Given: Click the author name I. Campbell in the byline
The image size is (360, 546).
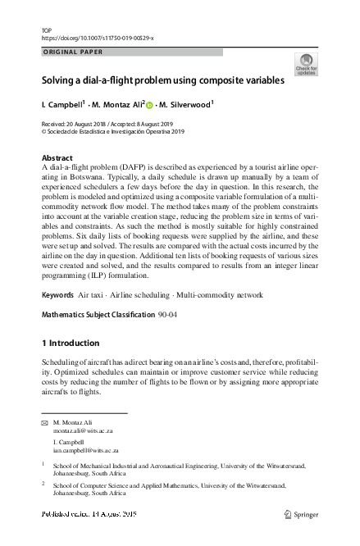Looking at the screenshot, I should pos(62,104).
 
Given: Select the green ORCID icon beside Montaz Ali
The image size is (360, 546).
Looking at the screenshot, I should pos(150,104).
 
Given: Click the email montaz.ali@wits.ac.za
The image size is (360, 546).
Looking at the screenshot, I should pos(83,430).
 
